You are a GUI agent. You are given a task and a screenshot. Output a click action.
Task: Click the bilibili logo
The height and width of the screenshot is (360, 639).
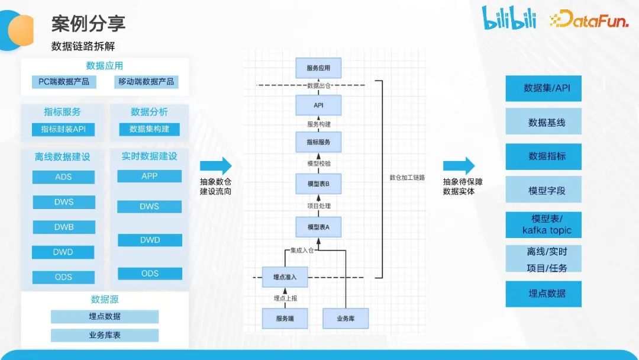point(509,18)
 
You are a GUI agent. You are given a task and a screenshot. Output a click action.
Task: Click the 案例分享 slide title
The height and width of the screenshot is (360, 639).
point(88,24)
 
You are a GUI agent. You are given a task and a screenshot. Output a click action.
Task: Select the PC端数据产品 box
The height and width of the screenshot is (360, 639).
point(64,82)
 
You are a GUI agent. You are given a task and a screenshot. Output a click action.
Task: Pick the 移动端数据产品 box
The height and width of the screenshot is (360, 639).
point(146,82)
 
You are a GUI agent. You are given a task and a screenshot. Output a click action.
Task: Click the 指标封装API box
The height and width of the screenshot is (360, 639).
point(63,130)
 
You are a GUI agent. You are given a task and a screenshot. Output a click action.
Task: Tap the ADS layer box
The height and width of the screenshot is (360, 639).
point(63,177)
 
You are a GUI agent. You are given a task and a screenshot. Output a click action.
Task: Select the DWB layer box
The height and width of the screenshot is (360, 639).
point(63,227)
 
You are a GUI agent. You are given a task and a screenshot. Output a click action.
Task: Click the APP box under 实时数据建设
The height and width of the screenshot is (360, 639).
point(149,176)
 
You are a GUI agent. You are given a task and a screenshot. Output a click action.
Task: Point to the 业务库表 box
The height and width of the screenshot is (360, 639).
point(104,335)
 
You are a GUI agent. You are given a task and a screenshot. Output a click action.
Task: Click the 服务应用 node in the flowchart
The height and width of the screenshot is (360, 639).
point(318,68)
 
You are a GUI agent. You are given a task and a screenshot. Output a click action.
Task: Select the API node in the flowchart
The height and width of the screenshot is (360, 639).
point(318,105)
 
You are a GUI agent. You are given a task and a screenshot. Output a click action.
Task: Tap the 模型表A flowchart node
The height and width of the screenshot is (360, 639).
point(318,227)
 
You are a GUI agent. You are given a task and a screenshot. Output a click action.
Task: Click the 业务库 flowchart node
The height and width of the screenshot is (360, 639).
point(346,319)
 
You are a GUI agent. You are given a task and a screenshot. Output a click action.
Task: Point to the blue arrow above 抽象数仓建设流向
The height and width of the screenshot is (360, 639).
point(215,166)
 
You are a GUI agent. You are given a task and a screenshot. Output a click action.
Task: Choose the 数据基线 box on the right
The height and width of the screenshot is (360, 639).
point(543,123)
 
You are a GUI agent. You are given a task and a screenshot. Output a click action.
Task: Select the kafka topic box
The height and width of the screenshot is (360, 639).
point(543,224)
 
